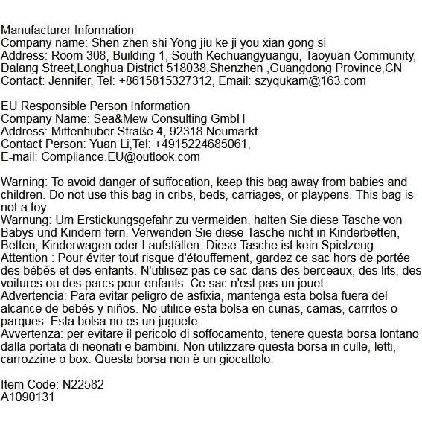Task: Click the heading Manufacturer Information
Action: point(67,31)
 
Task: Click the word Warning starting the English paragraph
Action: point(22,182)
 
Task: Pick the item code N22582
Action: point(84,385)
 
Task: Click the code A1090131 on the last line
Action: point(28,397)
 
